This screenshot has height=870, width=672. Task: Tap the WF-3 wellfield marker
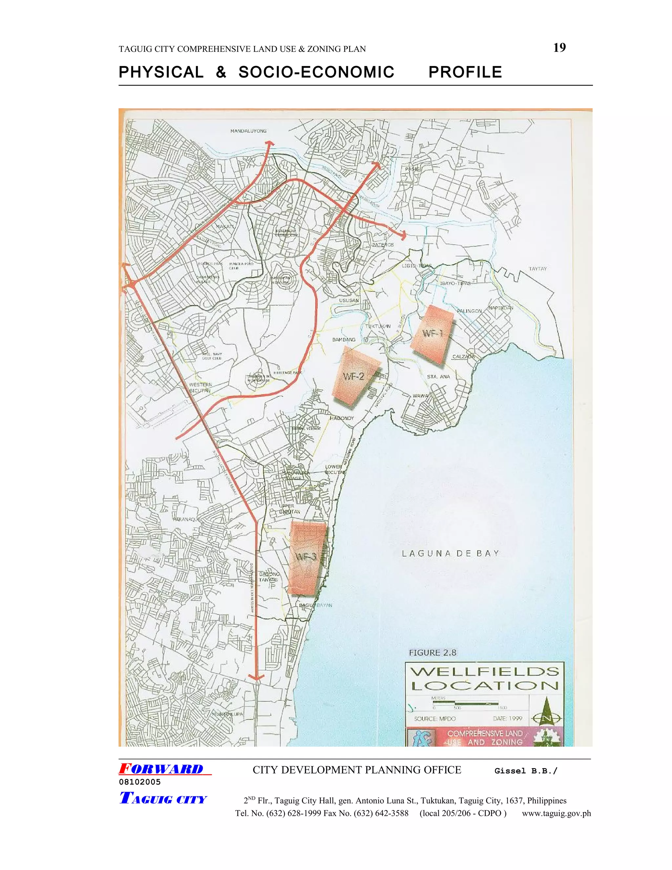tap(307, 557)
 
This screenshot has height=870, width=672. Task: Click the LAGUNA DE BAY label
tap(450, 553)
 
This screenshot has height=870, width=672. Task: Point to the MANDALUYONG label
tap(248, 131)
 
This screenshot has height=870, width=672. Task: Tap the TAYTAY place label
tap(537, 269)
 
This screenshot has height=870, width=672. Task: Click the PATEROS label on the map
tap(383, 245)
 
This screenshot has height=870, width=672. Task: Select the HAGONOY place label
tap(342, 418)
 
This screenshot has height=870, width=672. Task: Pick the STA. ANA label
tap(438, 377)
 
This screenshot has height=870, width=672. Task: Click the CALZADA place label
tap(463, 357)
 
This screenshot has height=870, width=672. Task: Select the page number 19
tap(559, 48)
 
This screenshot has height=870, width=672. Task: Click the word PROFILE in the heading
tap(465, 73)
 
